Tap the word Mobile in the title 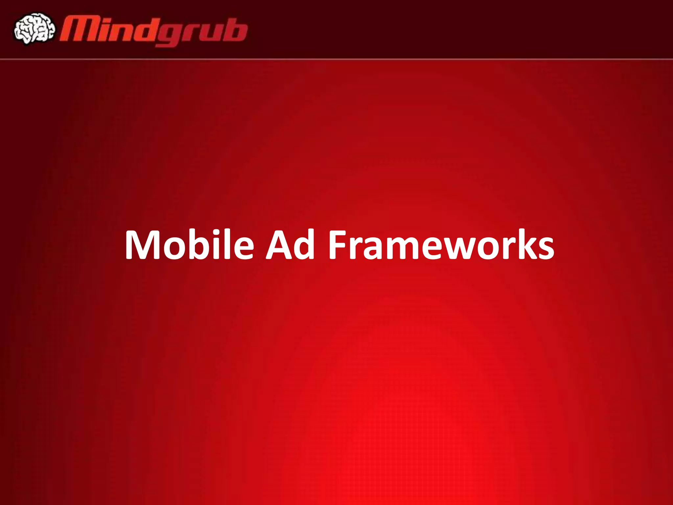(x=189, y=245)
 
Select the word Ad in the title (x=290, y=245)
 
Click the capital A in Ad (x=279, y=245)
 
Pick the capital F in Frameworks (x=338, y=245)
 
